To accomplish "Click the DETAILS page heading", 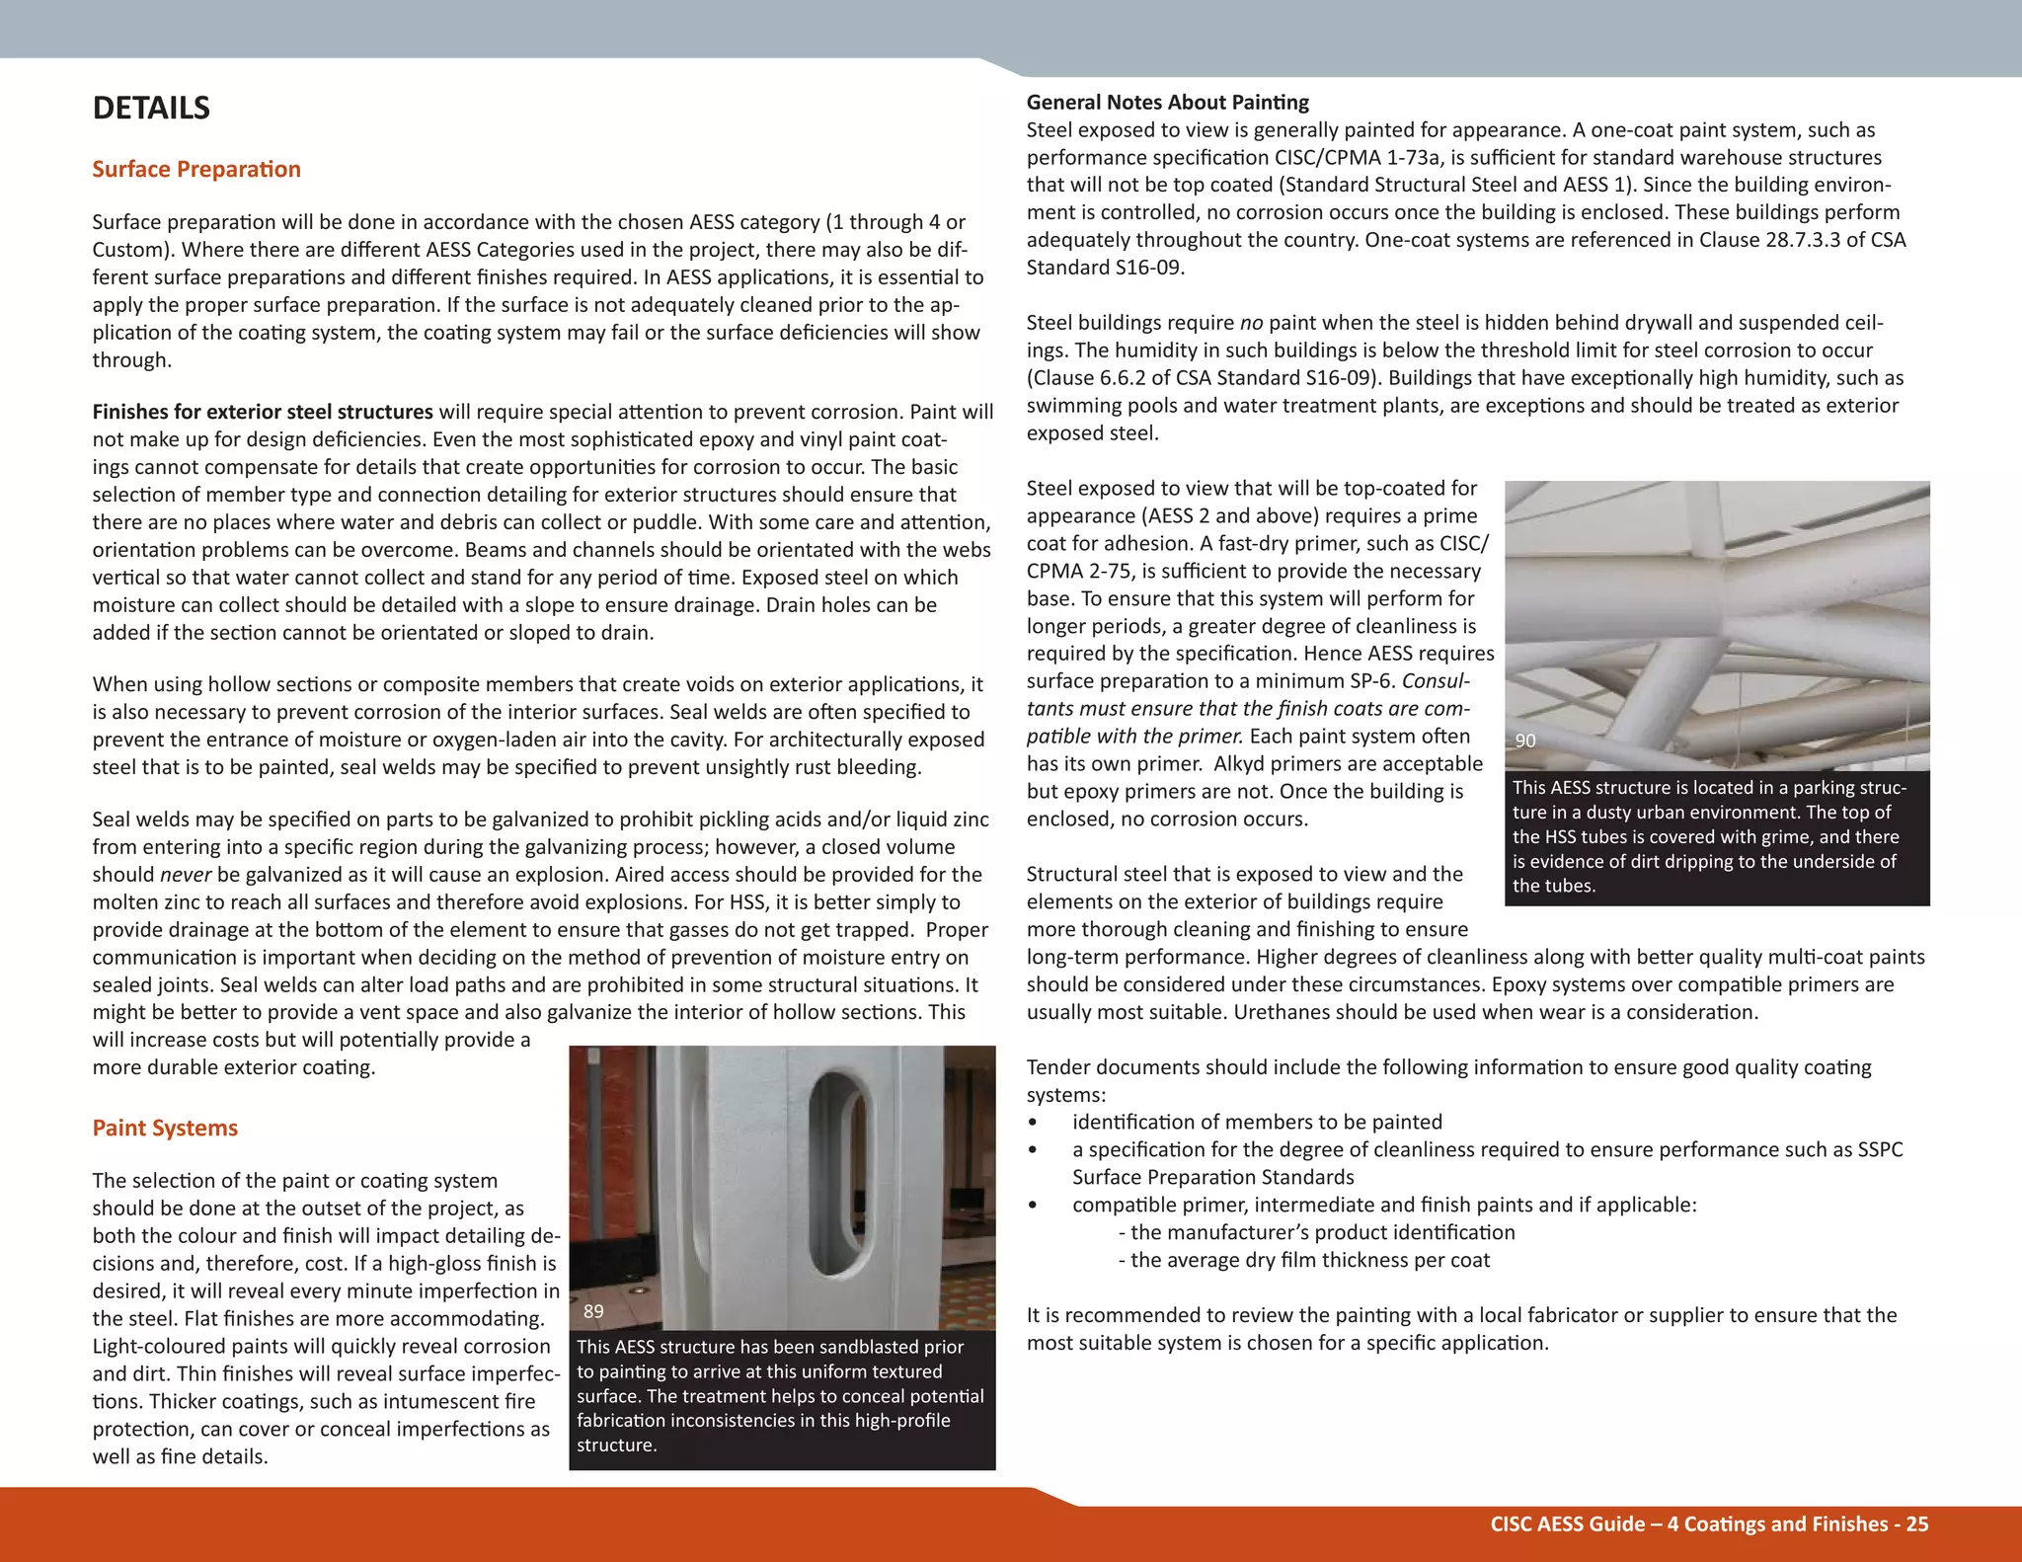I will pos(151,108).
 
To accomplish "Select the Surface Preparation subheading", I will pos(196,169).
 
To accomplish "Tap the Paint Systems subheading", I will pos(165,1128).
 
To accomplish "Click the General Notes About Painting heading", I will pos(1167,102).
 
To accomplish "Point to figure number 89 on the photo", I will pos(592,1311).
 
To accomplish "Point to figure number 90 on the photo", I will pos(1524,741).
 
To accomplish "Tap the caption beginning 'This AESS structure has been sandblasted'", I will pos(780,1395).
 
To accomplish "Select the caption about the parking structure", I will pos(1708,836).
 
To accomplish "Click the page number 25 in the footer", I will pos(1916,1523).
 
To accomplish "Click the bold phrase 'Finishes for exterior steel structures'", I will pos(263,412).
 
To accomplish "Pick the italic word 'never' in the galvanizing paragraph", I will pos(186,874).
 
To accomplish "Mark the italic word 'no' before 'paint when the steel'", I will pos(1251,323).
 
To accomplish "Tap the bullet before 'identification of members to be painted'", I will pos(1033,1123).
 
